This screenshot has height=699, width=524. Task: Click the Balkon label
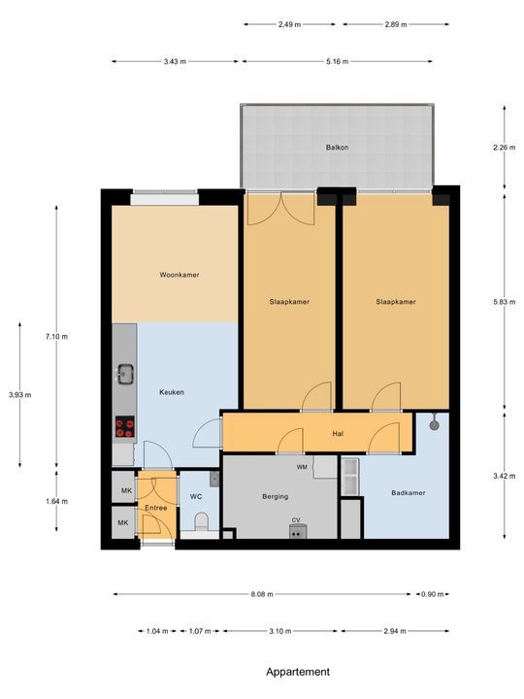click(337, 148)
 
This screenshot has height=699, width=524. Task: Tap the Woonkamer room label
click(180, 275)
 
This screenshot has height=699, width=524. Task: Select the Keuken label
click(172, 392)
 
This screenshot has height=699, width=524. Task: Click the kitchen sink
click(125, 374)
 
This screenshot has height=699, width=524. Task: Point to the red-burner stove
click(125, 426)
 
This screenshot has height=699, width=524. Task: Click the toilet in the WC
click(202, 521)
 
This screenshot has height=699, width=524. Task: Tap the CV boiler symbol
click(298, 531)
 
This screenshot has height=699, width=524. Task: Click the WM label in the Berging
click(302, 467)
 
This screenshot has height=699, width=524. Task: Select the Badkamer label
click(409, 492)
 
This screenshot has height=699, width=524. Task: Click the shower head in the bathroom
click(435, 423)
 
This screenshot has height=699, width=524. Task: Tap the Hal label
click(338, 433)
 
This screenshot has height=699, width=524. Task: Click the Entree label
click(156, 508)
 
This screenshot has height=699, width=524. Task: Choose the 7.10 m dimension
click(56, 337)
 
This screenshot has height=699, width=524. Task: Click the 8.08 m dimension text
click(262, 594)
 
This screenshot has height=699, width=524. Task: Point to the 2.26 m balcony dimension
click(505, 148)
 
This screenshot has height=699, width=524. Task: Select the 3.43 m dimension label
click(175, 61)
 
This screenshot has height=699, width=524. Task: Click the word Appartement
click(298, 672)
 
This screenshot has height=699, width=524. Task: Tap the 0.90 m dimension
click(433, 594)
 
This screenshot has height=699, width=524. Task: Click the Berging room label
click(275, 497)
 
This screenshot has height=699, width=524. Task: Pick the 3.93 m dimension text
click(20, 394)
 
